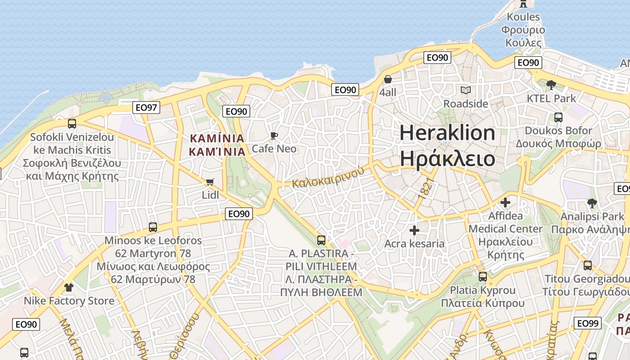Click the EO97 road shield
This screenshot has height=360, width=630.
click(x=147, y=108)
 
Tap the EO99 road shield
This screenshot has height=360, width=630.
click(x=587, y=323)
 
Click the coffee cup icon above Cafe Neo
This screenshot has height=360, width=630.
click(x=274, y=135)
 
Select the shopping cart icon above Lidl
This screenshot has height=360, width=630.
click(x=210, y=182)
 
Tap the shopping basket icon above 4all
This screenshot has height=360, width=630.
click(x=387, y=80)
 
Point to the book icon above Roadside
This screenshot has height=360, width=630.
click(x=465, y=90)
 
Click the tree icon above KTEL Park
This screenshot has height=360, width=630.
click(x=551, y=85)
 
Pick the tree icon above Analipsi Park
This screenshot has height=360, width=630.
click(x=592, y=203)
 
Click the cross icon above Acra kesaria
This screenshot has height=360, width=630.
click(x=414, y=231)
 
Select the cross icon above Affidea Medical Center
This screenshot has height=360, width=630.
click(x=505, y=202)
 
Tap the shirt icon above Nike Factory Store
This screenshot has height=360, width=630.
click(x=68, y=287)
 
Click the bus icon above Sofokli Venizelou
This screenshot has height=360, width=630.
click(x=72, y=124)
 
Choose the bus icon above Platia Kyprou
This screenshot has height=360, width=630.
click(x=482, y=277)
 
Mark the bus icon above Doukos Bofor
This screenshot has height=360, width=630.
click(x=558, y=117)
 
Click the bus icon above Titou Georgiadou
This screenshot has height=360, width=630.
click(x=587, y=265)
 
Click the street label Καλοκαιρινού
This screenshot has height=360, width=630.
click(x=328, y=177)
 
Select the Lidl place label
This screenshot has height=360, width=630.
click(x=210, y=195)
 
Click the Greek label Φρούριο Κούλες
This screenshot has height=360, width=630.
click(x=523, y=36)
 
